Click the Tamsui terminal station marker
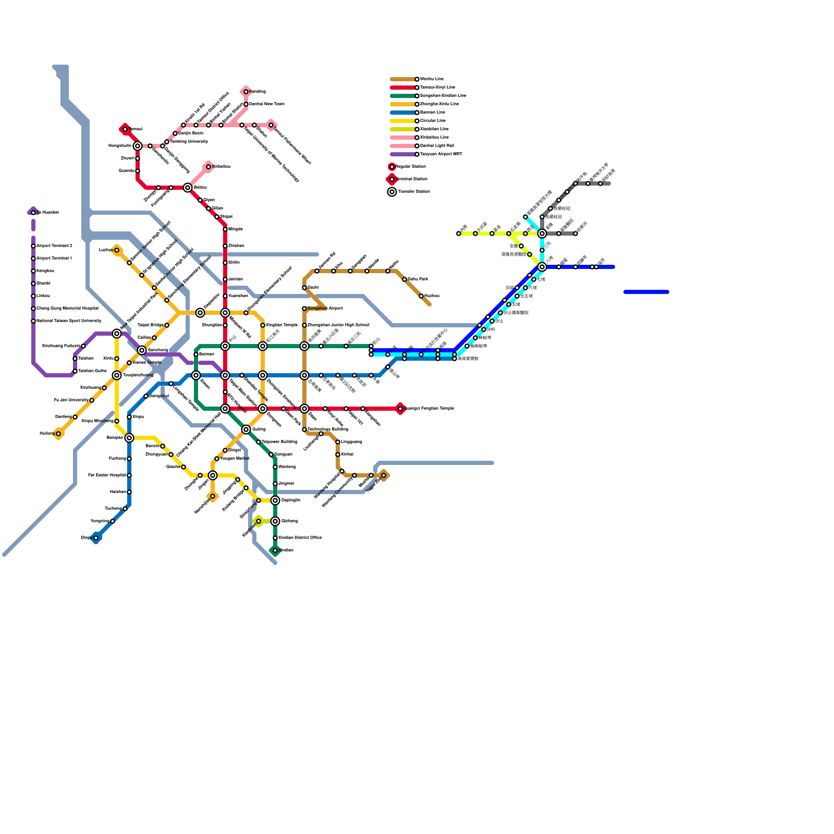pyautogui.click(x=125, y=129)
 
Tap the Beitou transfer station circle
pyautogui.click(x=188, y=188)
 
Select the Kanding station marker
pyautogui.click(x=246, y=92)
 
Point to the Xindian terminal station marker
pyautogui.click(x=275, y=550)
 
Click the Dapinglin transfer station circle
pyautogui.click(x=275, y=500)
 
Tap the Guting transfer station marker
pyautogui.click(x=246, y=430)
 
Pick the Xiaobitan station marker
pyautogui.click(x=259, y=521)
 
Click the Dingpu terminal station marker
pyautogui.click(x=96, y=538)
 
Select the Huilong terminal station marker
pyautogui.click(x=58, y=434)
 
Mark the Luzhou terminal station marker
pyautogui.click(x=117, y=250)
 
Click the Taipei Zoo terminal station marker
pyautogui.click(x=384, y=475)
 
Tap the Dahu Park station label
pyautogui.click(x=418, y=279)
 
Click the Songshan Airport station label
pyautogui.click(x=325, y=309)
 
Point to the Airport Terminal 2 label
pyautogui.click(x=54, y=246)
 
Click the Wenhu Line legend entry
pyautogui.click(x=432, y=79)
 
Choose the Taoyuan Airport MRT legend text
pyautogui.click(x=441, y=154)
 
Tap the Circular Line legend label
pyautogui.click(x=433, y=121)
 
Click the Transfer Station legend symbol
pyautogui.click(x=392, y=192)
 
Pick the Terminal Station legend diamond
pyautogui.click(x=392, y=179)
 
